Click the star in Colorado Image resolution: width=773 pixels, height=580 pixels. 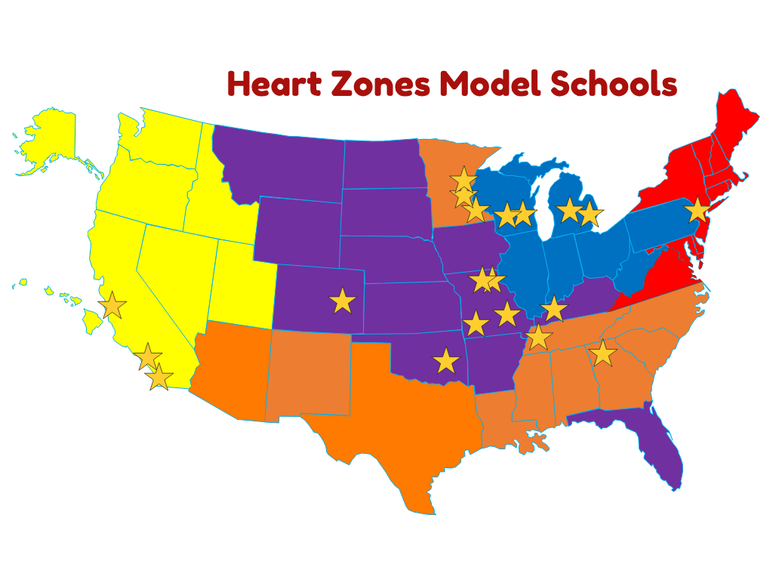(x=343, y=301)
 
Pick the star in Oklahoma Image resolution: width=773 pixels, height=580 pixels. (x=446, y=361)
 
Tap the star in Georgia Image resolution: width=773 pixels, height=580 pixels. (x=602, y=353)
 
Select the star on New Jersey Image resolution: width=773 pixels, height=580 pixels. (x=698, y=211)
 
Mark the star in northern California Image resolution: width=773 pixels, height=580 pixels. (x=112, y=305)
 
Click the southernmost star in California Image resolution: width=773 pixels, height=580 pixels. (x=159, y=376)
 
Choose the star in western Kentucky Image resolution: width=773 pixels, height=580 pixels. (x=538, y=337)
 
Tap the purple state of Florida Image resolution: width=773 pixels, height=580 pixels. (x=664, y=453)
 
